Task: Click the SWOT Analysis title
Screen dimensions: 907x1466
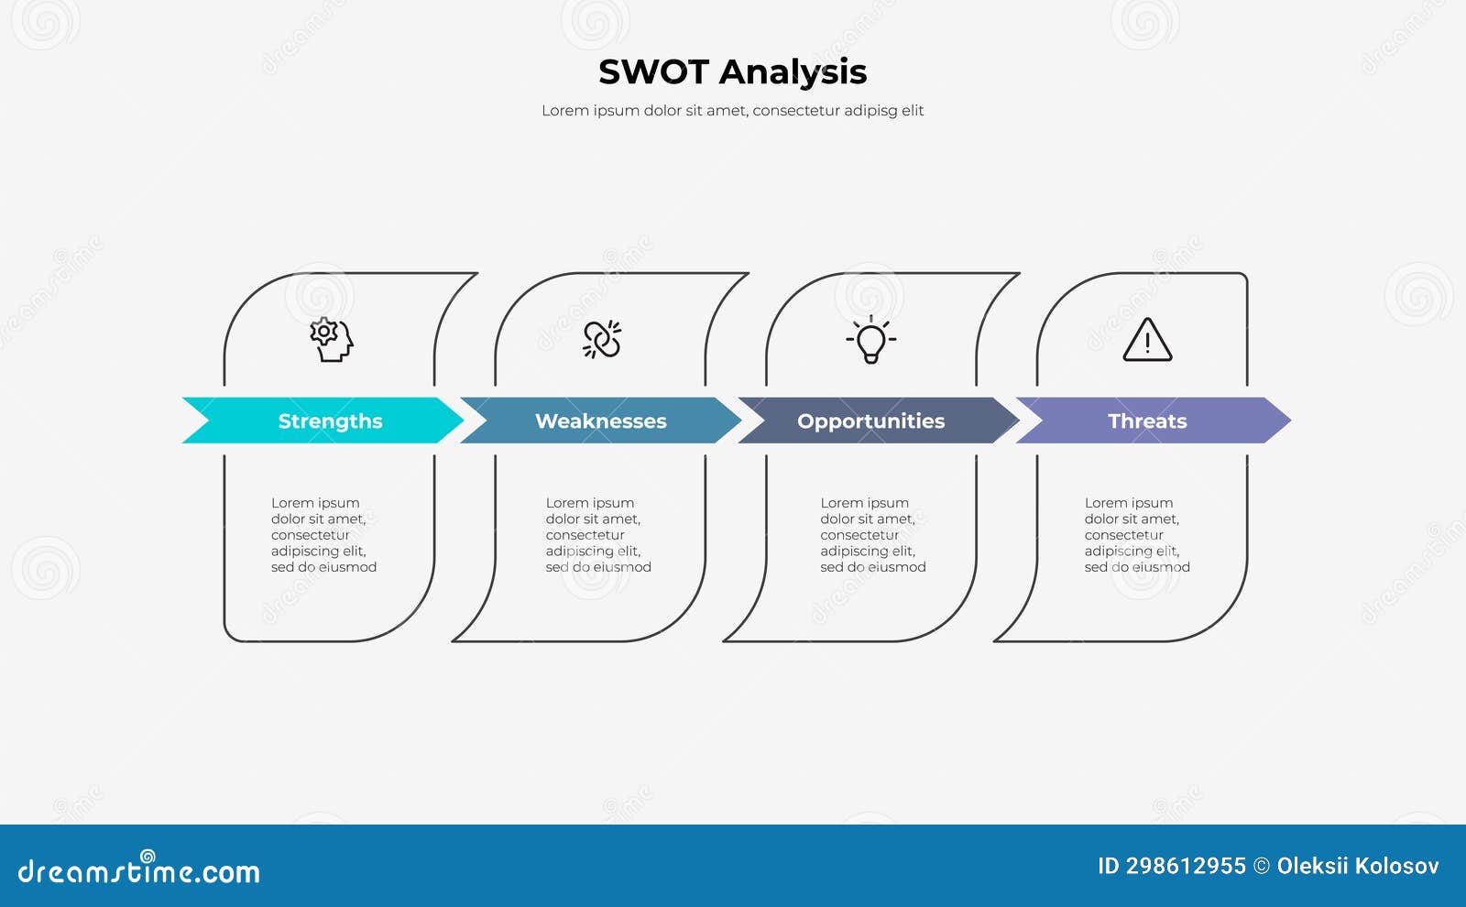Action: (732, 72)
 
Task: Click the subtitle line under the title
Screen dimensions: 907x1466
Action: (732, 111)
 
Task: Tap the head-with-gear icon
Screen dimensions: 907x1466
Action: (331, 340)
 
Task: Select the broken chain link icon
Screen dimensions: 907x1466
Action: (602, 340)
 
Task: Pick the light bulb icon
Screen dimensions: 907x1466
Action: (870, 340)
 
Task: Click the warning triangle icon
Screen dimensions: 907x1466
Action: (1147, 341)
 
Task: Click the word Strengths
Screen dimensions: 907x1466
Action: (330, 421)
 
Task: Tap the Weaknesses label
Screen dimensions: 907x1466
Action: (600, 421)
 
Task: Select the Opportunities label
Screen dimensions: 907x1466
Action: (870, 421)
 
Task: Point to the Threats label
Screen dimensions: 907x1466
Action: (1147, 421)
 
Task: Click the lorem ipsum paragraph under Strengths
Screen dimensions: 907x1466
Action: (323, 535)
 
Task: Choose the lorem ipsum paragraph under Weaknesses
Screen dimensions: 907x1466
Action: (598, 535)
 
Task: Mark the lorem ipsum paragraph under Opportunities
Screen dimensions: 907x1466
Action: (872, 535)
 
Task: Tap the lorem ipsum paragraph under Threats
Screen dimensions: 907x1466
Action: (1137, 535)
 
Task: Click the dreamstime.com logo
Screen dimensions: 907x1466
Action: (138, 870)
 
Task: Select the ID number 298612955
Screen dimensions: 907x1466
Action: (1186, 867)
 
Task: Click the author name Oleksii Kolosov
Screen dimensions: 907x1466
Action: (1357, 867)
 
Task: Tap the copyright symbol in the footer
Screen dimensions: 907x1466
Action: (1262, 867)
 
